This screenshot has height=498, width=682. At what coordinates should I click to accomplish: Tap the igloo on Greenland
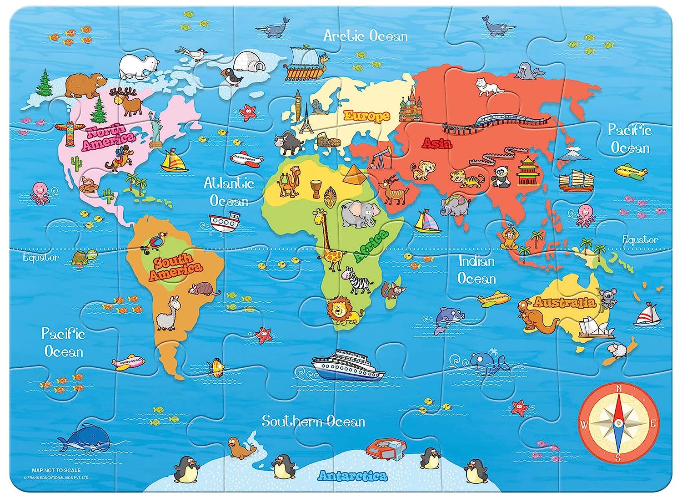tap(249, 61)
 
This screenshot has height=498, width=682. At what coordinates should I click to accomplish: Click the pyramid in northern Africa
tap(355, 174)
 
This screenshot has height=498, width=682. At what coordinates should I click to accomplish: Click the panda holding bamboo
tap(502, 177)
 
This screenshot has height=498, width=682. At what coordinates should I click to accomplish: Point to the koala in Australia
tap(608, 298)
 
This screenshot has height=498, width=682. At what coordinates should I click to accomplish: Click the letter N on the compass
tap(618, 388)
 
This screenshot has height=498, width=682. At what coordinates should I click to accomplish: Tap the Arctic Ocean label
tap(366, 36)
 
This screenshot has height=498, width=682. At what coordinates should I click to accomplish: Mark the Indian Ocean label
tap(476, 270)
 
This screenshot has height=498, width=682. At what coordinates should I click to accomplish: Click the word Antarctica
tap(352, 476)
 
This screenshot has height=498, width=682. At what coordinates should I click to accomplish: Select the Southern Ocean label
tap(313, 422)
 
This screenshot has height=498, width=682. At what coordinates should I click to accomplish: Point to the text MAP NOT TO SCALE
tap(56, 470)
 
